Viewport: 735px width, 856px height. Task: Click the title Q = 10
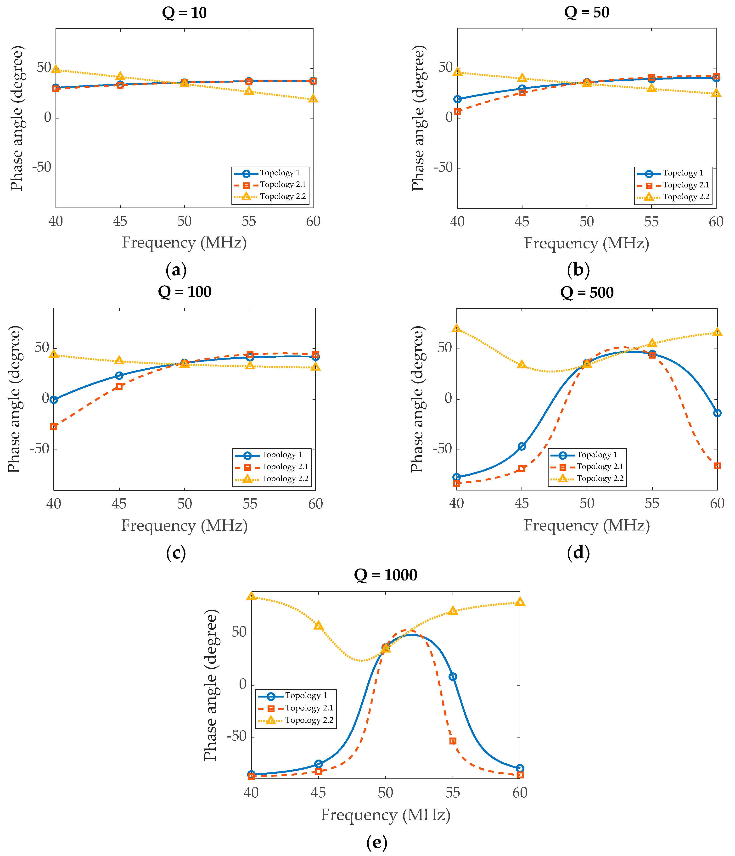184,13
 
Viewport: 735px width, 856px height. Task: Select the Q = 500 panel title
587,293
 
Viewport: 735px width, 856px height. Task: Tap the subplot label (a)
176,270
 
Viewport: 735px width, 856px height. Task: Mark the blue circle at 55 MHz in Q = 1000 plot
453,677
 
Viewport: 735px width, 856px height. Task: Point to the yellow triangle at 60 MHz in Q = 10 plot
313,99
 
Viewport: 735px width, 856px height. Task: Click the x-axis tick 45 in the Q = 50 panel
522,222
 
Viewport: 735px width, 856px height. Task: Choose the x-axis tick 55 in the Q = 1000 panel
453,793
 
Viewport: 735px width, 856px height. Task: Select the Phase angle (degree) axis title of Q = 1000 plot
211,685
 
